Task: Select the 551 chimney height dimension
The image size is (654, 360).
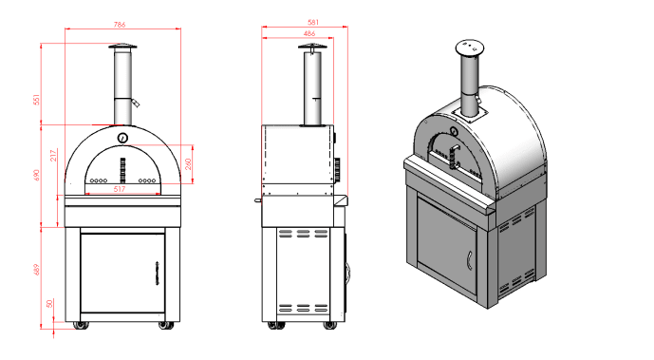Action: (x=35, y=100)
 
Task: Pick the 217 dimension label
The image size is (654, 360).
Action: (x=56, y=153)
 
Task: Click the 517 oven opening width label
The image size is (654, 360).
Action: (x=121, y=188)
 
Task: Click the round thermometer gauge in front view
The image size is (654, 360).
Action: (x=122, y=139)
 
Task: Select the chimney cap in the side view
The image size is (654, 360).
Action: (x=310, y=49)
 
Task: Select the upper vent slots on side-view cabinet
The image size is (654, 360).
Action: (x=298, y=233)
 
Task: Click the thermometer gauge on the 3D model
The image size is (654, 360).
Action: (x=452, y=134)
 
